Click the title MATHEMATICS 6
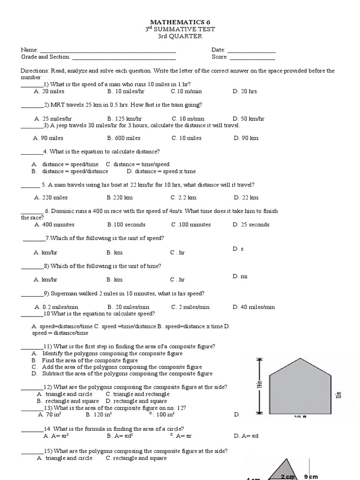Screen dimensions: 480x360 180,22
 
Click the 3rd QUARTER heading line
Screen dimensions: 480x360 180,36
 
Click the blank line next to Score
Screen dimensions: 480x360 252,58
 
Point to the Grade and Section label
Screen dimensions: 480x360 45,57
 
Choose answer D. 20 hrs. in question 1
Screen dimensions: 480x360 245,91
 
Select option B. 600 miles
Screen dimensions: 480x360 123,138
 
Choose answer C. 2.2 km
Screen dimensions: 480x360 183,198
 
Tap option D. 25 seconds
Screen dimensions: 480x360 251,225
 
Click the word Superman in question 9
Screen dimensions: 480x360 63,293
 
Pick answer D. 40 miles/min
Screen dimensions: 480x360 254,307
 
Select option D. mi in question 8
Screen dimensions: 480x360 240,277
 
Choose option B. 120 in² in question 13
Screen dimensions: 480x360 98,415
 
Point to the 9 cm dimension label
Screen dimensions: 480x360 311,477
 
